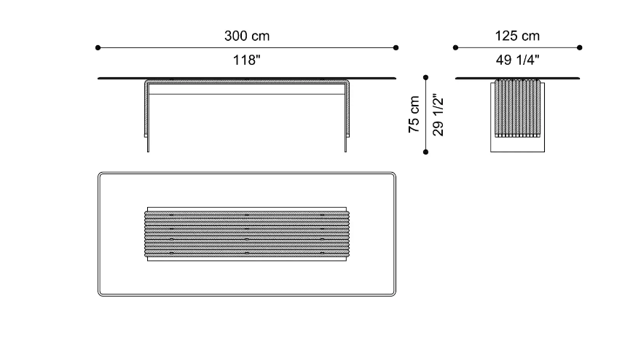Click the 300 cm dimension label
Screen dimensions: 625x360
(247, 36)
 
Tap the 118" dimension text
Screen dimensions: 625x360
(247, 60)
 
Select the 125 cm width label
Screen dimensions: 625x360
(517, 36)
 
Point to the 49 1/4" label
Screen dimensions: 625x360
(517, 60)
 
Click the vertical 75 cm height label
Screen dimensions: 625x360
(414, 114)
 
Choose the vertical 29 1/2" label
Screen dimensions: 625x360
(438, 115)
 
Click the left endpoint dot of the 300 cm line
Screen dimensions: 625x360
(98, 48)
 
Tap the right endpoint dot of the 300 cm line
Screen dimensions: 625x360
(396, 48)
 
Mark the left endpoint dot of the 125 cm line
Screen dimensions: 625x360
(455, 48)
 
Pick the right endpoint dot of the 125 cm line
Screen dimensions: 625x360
(580, 48)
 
